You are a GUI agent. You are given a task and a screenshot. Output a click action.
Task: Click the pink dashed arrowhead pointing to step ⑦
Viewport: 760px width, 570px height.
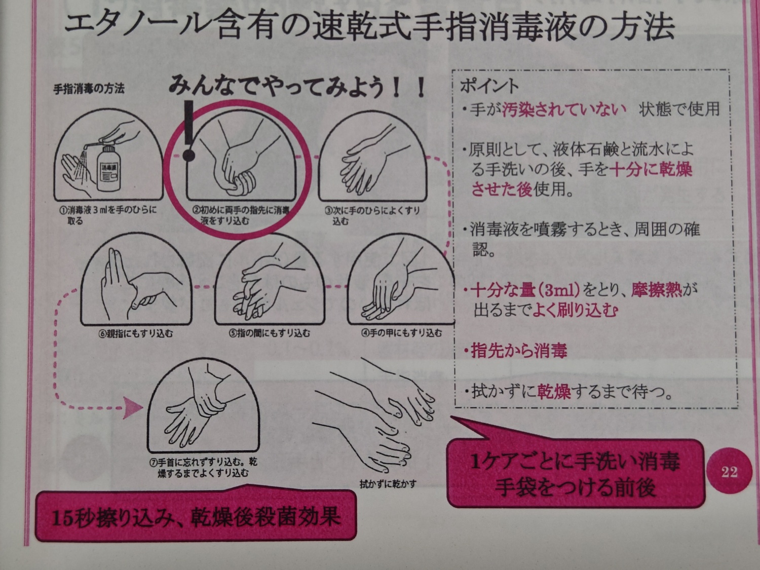tap(134, 407)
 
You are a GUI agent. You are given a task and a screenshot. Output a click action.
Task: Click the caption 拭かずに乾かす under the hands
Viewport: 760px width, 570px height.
tap(388, 484)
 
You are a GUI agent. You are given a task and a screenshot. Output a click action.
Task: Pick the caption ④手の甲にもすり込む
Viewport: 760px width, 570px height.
tap(402, 333)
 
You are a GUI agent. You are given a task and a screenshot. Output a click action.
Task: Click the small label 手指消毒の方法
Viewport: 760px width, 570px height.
tap(89, 89)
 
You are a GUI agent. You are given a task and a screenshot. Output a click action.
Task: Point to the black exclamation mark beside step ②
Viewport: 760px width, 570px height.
tap(188, 132)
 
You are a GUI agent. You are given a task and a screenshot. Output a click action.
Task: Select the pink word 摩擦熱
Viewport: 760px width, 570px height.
tap(657, 290)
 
